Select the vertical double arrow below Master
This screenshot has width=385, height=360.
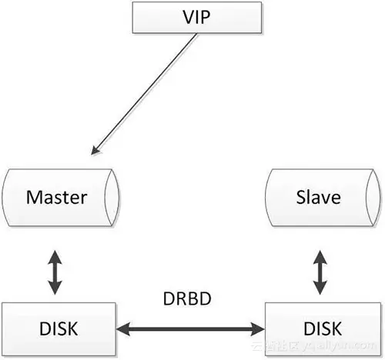pos(54,271)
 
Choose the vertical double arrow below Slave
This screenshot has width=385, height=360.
pos(318,271)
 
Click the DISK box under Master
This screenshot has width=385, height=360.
pos(57,329)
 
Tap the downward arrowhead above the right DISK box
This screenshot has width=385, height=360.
pos(318,291)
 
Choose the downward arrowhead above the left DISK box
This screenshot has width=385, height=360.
pos(54,291)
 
